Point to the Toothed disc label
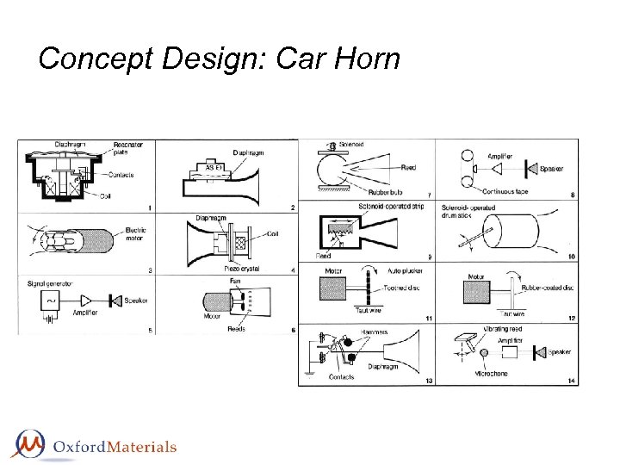tap(402, 288)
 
